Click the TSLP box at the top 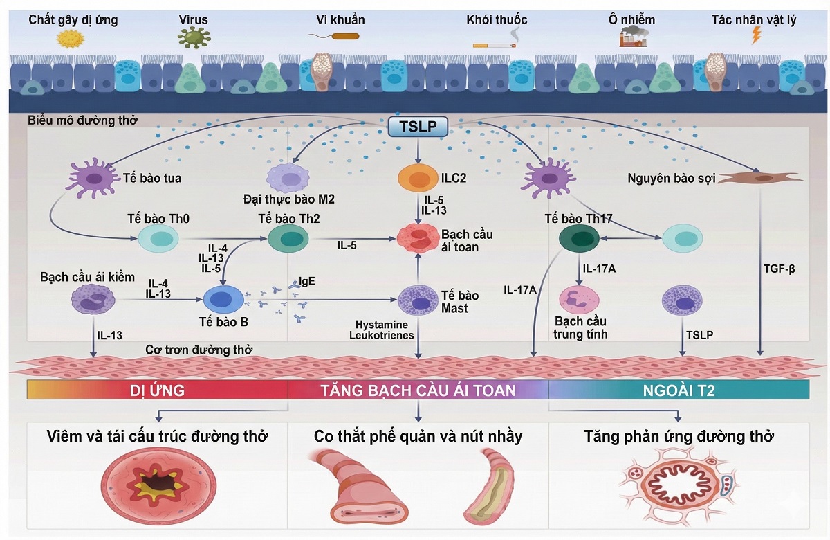click(x=418, y=127)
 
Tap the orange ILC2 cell click(x=418, y=179)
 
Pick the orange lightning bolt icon click(x=756, y=36)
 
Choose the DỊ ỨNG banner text click(x=157, y=390)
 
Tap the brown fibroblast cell click(x=762, y=178)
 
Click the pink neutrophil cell click(x=578, y=299)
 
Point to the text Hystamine click(x=382, y=324)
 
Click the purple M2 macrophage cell click(x=288, y=179)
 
